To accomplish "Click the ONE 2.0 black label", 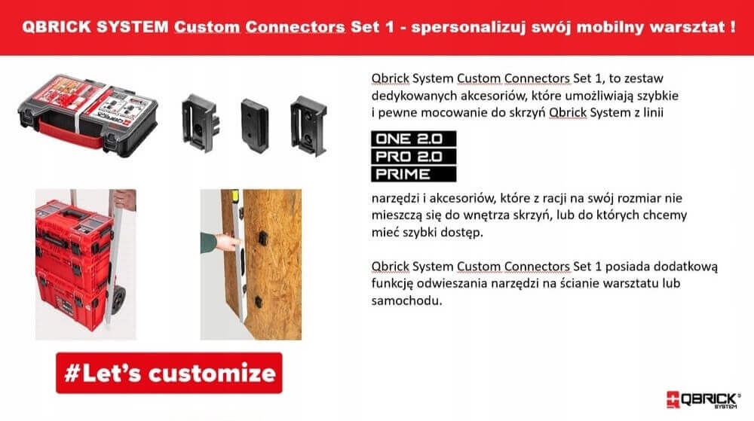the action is (413, 139).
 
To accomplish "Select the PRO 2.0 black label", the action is (413, 157).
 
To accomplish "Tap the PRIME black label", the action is (413, 174).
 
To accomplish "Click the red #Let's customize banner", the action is (169, 373).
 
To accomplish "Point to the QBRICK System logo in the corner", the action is (703, 399).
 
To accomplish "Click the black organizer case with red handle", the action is (88, 115).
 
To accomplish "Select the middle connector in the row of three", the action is (254, 126).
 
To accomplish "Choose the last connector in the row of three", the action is (308, 126).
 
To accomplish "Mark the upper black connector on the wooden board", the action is (262, 238).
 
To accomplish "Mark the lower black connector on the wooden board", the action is (258, 302).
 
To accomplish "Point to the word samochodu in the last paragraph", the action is (406, 301).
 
